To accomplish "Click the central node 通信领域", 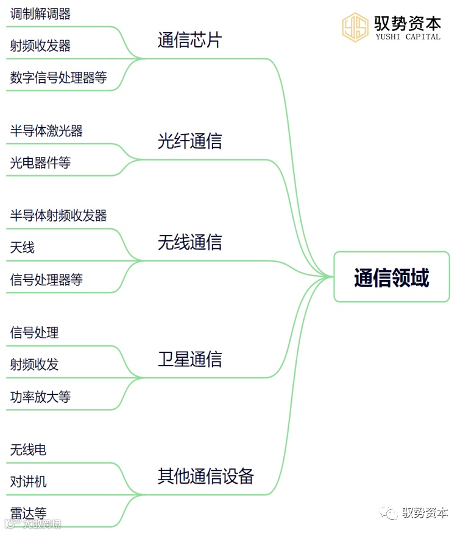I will tap(391, 277).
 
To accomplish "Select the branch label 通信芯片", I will tap(189, 40).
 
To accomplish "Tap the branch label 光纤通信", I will tap(189, 141).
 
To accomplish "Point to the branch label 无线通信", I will tap(189, 242).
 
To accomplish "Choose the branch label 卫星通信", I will tap(189, 359).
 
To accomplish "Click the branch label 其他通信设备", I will tap(205, 476).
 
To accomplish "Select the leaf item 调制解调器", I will tap(40, 14).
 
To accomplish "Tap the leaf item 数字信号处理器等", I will tap(58, 78).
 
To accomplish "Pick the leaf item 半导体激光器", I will tap(46, 131).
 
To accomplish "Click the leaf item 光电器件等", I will tap(40, 163).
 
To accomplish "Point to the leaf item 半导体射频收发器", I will tap(58, 215).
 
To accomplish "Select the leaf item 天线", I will tap(23, 248).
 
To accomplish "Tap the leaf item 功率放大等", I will tap(40, 397).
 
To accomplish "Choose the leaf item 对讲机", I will tap(29, 482).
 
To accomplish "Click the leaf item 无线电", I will tap(29, 450).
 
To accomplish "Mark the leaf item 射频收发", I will tap(35, 364).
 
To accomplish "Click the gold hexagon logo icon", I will tap(355, 27).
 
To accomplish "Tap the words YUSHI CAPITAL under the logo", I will tap(408, 37).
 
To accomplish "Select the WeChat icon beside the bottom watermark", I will tap(389, 513).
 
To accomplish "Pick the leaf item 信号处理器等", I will tap(46, 280).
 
